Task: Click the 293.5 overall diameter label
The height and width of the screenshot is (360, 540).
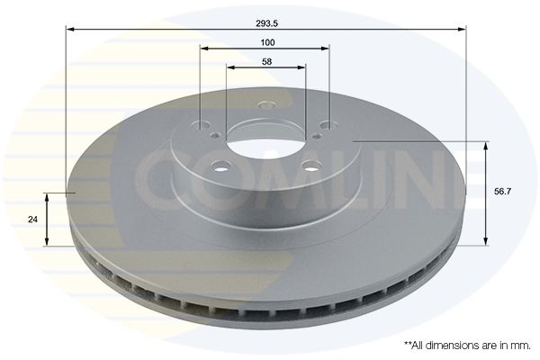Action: point(266,23)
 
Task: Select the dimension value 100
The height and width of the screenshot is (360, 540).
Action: point(267,42)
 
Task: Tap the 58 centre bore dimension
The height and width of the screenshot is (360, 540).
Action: point(267,62)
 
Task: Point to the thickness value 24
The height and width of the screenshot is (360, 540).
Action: point(32,219)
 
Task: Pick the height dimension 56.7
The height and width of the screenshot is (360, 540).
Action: point(503,192)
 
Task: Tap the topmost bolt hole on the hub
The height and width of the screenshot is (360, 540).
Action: point(265,104)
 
